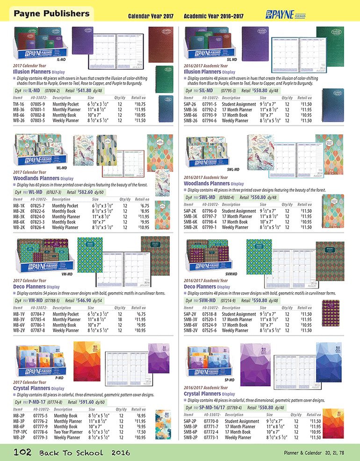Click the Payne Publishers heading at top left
click(x=51, y=14)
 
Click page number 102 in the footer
click(x=22, y=452)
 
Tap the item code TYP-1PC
click(x=21, y=432)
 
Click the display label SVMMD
click(x=231, y=273)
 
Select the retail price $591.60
click(x=84, y=402)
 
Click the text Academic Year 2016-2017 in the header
click(x=214, y=16)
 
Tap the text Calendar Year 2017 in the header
click(x=151, y=16)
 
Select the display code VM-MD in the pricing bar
click(x=36, y=300)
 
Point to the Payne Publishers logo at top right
click(x=285, y=14)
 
